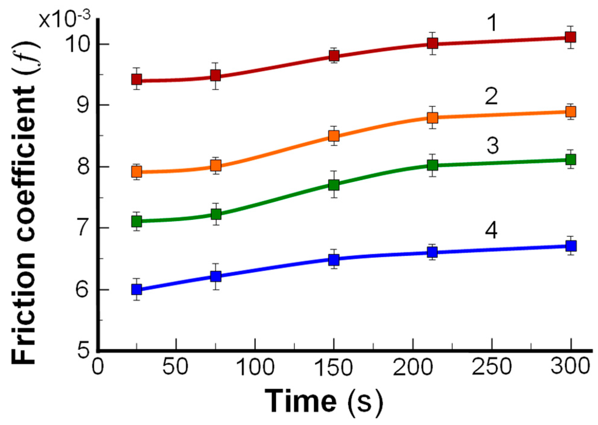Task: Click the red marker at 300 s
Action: point(570,37)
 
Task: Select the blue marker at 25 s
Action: point(137,289)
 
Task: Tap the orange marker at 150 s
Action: point(334,136)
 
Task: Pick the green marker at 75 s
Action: point(216,214)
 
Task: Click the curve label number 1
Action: point(491,23)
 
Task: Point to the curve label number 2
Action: point(491,97)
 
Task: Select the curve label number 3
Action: point(492,146)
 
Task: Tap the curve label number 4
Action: point(491,231)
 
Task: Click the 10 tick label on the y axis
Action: point(79,44)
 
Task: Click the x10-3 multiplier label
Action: point(65,19)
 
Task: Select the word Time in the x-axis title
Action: point(300,401)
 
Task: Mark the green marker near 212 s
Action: point(432,165)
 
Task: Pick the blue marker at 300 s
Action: point(570,246)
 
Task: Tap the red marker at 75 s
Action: point(216,75)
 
